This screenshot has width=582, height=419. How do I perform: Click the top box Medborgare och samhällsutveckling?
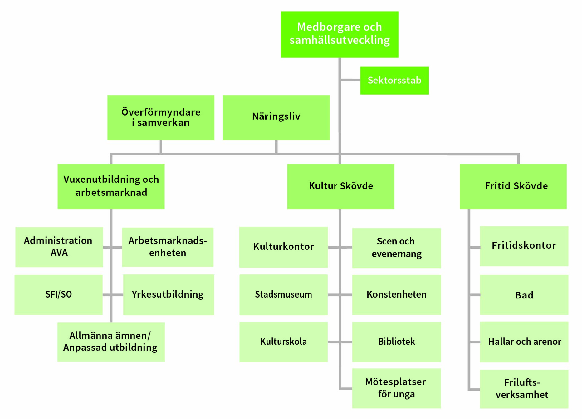[340, 34]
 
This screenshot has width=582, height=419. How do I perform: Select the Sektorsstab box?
[394, 80]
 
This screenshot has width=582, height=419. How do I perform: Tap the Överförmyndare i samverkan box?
[161, 118]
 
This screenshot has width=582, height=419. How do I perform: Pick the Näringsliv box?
[276, 118]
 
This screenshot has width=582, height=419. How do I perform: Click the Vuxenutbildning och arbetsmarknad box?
[111, 186]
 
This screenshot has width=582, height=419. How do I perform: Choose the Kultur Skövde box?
[341, 186]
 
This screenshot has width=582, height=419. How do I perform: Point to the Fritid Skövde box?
[513, 186]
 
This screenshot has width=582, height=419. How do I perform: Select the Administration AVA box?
[59, 247]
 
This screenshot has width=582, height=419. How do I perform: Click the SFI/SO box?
[59, 295]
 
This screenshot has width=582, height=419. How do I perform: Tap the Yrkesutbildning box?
[169, 295]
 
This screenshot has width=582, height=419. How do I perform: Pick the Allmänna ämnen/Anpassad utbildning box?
[111, 342]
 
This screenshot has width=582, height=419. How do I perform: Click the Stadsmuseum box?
[284, 295]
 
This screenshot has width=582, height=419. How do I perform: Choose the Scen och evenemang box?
[397, 248]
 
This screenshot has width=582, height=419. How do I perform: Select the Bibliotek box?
[397, 342]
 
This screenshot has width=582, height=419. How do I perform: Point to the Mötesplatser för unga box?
[397, 388]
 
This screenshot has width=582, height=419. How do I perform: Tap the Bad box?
[524, 295]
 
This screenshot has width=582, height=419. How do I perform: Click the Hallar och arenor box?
[524, 342]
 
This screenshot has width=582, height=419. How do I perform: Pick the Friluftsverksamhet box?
[524, 389]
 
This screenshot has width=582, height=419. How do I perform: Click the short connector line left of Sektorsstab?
[350, 80]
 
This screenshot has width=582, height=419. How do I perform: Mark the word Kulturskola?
[284, 342]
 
